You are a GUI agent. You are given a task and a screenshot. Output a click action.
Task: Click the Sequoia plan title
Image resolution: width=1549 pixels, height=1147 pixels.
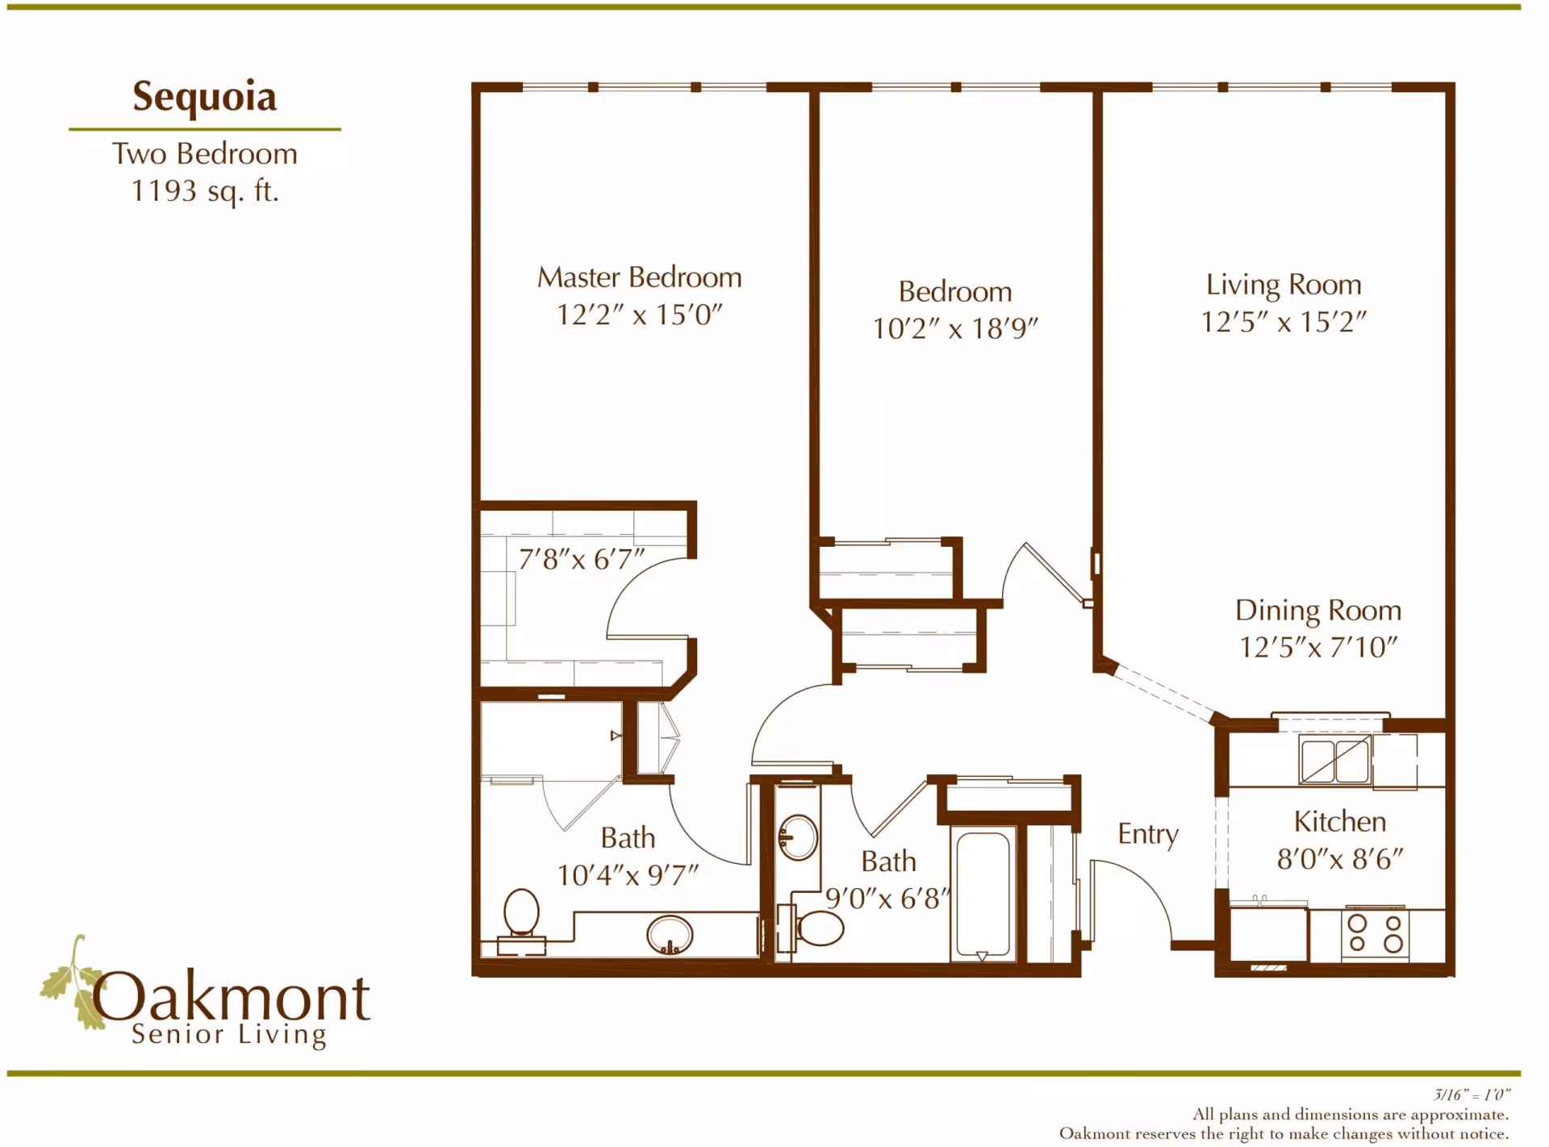tap(204, 97)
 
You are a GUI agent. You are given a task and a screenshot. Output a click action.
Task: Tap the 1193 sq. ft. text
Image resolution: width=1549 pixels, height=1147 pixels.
tap(204, 191)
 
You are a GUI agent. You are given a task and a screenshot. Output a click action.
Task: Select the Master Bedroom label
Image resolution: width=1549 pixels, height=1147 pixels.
tap(639, 277)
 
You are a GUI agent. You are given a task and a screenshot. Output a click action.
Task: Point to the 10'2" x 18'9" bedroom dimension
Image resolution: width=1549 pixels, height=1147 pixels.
tap(954, 329)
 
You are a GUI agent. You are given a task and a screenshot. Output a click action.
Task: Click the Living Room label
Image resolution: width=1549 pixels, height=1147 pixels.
tap(1283, 285)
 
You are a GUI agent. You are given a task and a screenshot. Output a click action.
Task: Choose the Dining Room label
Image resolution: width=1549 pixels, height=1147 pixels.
tap(1317, 611)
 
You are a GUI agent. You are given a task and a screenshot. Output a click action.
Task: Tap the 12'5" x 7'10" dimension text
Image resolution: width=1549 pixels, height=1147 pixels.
tap(1317, 647)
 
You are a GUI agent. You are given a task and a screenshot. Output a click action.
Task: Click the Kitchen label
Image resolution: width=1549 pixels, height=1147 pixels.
tap(1339, 822)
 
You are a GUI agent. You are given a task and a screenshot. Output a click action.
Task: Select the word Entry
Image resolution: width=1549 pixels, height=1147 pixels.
tap(1147, 834)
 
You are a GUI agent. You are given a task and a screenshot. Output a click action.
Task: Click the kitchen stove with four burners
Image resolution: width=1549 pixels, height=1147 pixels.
tap(1375, 933)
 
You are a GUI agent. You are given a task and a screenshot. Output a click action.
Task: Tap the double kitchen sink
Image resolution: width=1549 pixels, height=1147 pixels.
tap(1334, 761)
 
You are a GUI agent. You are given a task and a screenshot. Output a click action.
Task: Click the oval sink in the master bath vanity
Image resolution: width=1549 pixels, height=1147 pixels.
tap(669, 935)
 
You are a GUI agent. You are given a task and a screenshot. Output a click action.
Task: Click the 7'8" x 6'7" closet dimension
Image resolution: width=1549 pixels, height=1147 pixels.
tap(581, 559)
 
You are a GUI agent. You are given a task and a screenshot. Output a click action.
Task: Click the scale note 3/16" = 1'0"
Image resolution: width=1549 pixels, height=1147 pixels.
tap(1471, 1095)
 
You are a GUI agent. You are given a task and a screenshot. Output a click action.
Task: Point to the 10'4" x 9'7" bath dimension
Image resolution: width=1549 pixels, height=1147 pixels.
tap(628, 875)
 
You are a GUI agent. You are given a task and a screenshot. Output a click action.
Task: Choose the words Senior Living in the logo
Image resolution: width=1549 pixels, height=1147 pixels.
tap(228, 1034)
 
